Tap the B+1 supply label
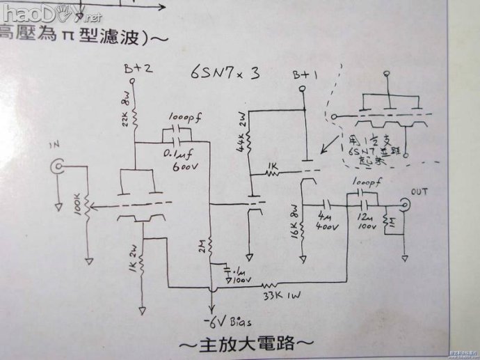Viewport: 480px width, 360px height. tap(305, 75)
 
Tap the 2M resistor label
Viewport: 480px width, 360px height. tap(200, 246)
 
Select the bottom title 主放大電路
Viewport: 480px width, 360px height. tap(248, 343)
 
